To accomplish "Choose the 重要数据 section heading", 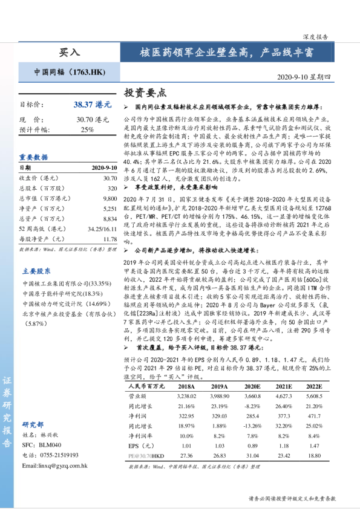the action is (x=33, y=157).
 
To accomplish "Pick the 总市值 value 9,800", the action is (x=110, y=198).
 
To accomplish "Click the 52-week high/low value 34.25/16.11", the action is (x=101, y=229).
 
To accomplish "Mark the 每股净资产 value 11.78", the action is (x=110, y=239).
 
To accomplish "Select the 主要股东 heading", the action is (x=36, y=271).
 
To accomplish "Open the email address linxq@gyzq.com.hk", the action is (x=54, y=465).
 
